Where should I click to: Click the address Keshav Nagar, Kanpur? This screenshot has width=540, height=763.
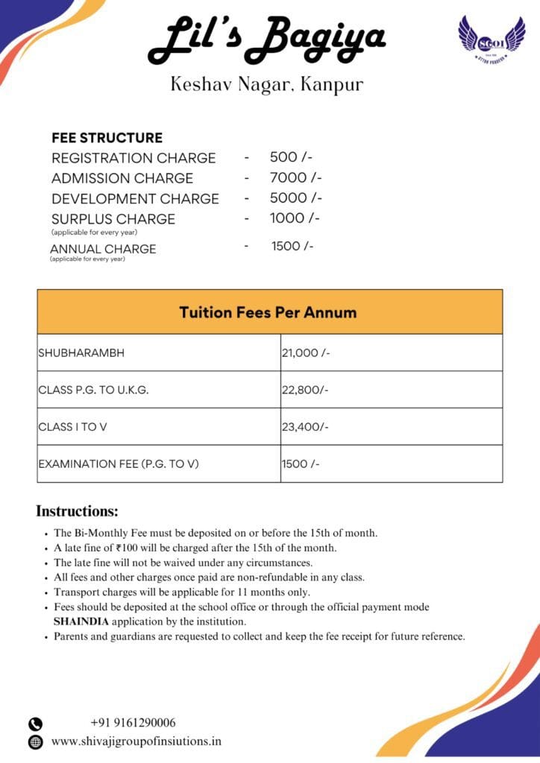pyautogui.click(x=267, y=84)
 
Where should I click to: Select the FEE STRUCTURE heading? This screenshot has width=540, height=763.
pyautogui.click(x=107, y=138)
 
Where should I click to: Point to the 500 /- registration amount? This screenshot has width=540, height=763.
pyautogui.click(x=291, y=157)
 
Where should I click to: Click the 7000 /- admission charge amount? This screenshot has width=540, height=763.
pyautogui.click(x=295, y=177)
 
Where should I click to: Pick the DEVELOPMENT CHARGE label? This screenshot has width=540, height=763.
pyautogui.click(x=135, y=198)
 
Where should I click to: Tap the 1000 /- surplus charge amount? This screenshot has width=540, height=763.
pyautogui.click(x=295, y=218)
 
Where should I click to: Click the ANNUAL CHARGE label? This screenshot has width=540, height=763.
pyautogui.click(x=103, y=249)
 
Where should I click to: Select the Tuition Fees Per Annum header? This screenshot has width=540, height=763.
pyautogui.click(x=268, y=312)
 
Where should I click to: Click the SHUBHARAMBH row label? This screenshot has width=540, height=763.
pyautogui.click(x=81, y=353)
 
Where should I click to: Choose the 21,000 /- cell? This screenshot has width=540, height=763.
pyautogui.click(x=306, y=353)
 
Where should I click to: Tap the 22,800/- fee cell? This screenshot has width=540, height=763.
pyautogui.click(x=305, y=390)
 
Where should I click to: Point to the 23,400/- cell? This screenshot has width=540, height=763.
pyautogui.click(x=305, y=427)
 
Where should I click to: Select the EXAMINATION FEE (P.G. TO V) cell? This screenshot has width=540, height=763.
pyautogui.click(x=119, y=464)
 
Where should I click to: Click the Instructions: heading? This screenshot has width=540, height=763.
pyautogui.click(x=77, y=512)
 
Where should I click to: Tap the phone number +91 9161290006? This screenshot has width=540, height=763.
pyautogui.click(x=133, y=722)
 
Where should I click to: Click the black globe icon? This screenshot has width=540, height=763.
pyautogui.click(x=35, y=742)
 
